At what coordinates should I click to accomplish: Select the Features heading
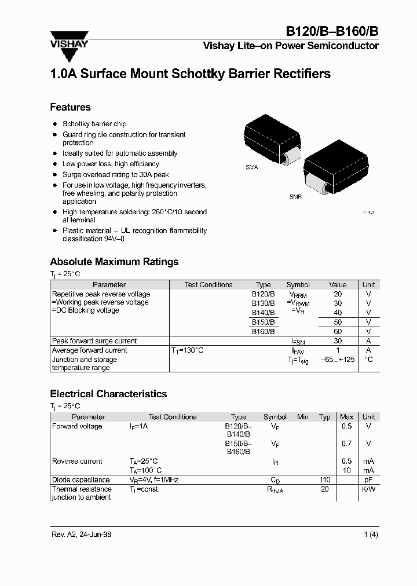tap(70, 107)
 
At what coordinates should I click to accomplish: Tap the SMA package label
tap(251, 167)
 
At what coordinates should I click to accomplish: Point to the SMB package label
tap(295, 197)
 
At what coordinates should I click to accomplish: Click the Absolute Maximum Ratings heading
tap(114, 262)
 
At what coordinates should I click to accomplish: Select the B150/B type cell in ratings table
tap(263, 323)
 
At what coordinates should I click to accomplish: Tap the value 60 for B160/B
tap(338, 332)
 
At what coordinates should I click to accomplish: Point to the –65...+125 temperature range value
tap(337, 360)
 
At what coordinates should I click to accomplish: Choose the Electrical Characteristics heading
tap(108, 394)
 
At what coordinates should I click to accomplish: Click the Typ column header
tap(325, 417)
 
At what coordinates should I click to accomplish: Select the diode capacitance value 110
tap(325, 480)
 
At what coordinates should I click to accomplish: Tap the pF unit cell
tap(368, 480)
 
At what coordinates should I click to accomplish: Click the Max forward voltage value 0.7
tap(346, 444)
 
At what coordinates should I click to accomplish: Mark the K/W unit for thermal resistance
tap(368, 489)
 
